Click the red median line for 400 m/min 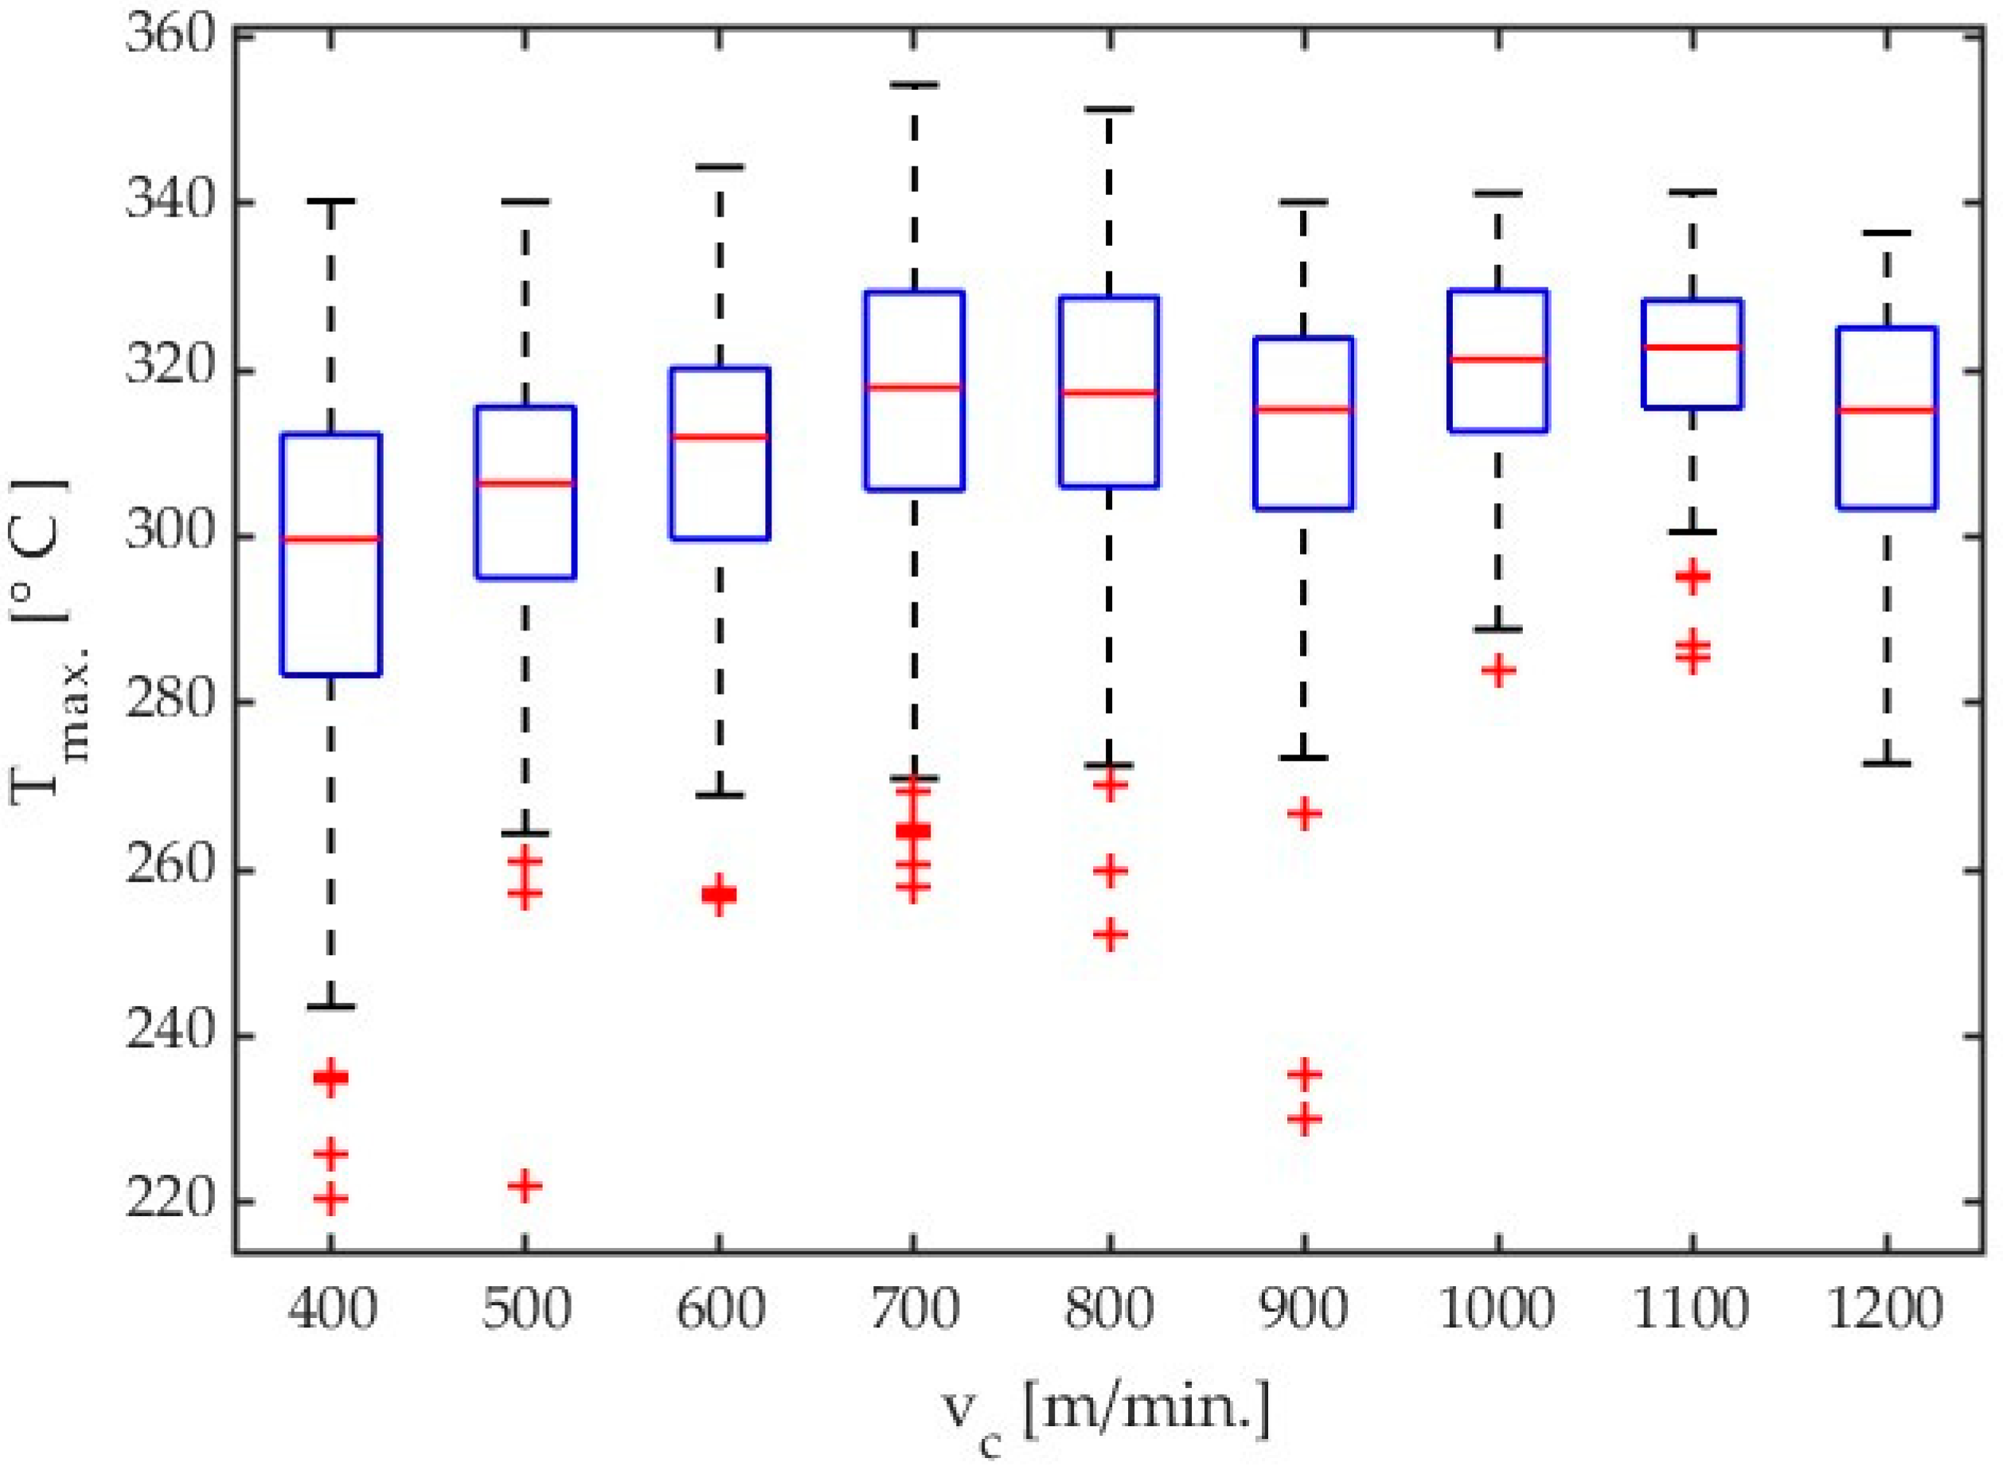[330, 538]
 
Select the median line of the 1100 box [1692, 347]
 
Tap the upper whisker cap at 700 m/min [913, 85]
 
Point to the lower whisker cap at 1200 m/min [1887, 763]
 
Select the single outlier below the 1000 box [1498, 670]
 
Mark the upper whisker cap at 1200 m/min [1887, 233]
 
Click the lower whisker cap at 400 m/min [330, 1007]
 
